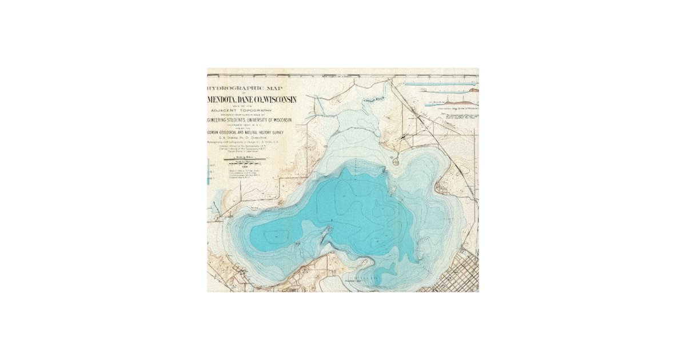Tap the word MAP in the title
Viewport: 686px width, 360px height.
(274, 89)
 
